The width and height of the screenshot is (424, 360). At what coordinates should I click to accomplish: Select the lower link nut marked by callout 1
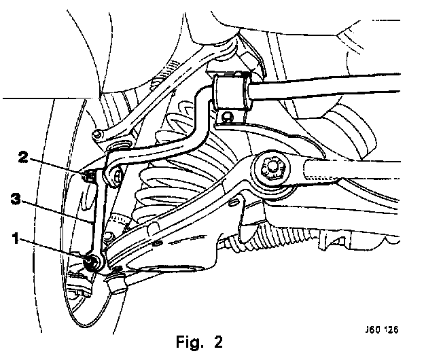click(91, 262)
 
